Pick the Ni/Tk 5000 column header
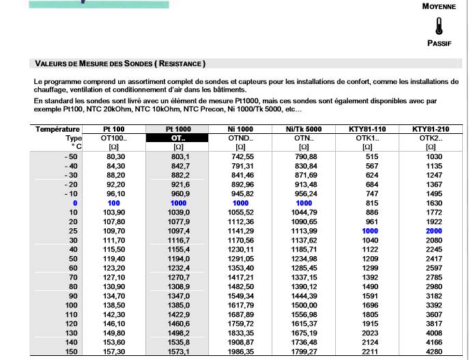tap(304, 129)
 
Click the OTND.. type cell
tap(240, 137)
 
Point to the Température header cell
tap(59, 129)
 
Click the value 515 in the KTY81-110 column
tap(367, 156)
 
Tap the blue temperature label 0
tap(75, 204)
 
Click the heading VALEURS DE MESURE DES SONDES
tap(120, 64)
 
